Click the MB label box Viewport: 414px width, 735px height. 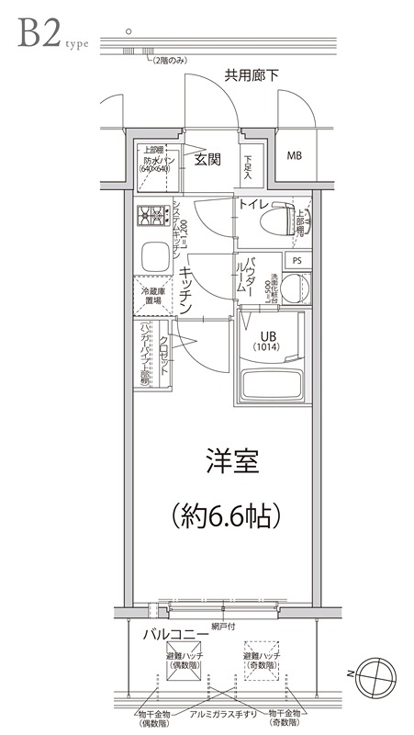pos(294,155)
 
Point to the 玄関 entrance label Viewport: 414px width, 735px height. pos(207,159)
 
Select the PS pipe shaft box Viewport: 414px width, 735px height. pos(296,260)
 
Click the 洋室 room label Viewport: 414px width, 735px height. pos(230,463)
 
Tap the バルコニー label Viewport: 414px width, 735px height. pos(173,635)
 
